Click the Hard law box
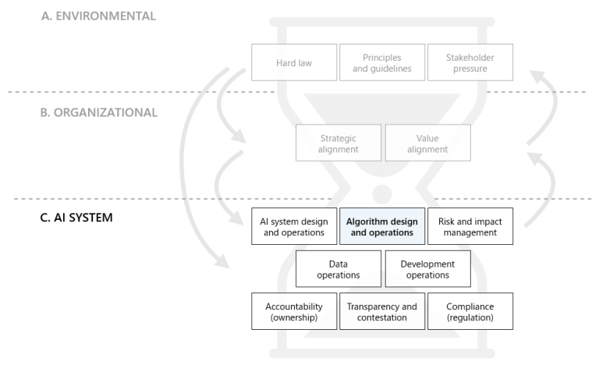click(294, 62)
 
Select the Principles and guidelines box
click(382, 62)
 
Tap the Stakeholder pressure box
click(470, 62)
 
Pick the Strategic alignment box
click(338, 144)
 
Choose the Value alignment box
click(427, 144)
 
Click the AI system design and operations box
click(294, 226)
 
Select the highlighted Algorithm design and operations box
click(382, 226)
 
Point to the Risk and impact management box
click(470, 226)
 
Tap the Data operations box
click(338, 269)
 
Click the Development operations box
click(427, 269)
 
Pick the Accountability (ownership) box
click(294, 311)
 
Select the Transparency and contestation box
click(382, 311)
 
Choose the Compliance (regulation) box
click(470, 311)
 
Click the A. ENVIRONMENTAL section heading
click(98, 16)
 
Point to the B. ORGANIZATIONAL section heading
click(99, 112)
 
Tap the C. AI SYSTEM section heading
click(76, 217)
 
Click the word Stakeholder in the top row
click(470, 57)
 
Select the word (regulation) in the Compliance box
click(470, 317)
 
